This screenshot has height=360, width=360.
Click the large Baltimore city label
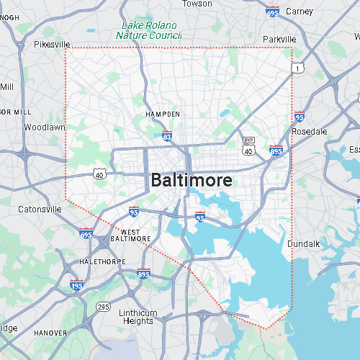[192, 180]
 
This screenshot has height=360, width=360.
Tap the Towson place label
[197, 4]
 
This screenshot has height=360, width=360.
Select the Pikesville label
[52, 44]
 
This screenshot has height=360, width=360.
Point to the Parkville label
[279, 39]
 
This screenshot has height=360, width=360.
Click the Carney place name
[299, 12]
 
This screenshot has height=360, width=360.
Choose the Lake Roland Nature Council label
[150, 30]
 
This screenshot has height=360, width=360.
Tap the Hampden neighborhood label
[162, 114]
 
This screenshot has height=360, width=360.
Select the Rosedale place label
[310, 132]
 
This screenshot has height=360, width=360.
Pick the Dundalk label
[303, 244]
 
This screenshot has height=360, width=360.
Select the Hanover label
[50, 333]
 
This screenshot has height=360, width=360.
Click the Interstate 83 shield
[167, 135]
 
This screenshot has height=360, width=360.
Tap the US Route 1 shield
[297, 68]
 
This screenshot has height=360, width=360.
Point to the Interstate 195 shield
[76, 286]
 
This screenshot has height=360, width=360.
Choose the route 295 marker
[104, 307]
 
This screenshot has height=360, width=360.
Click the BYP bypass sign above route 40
[249, 140]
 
